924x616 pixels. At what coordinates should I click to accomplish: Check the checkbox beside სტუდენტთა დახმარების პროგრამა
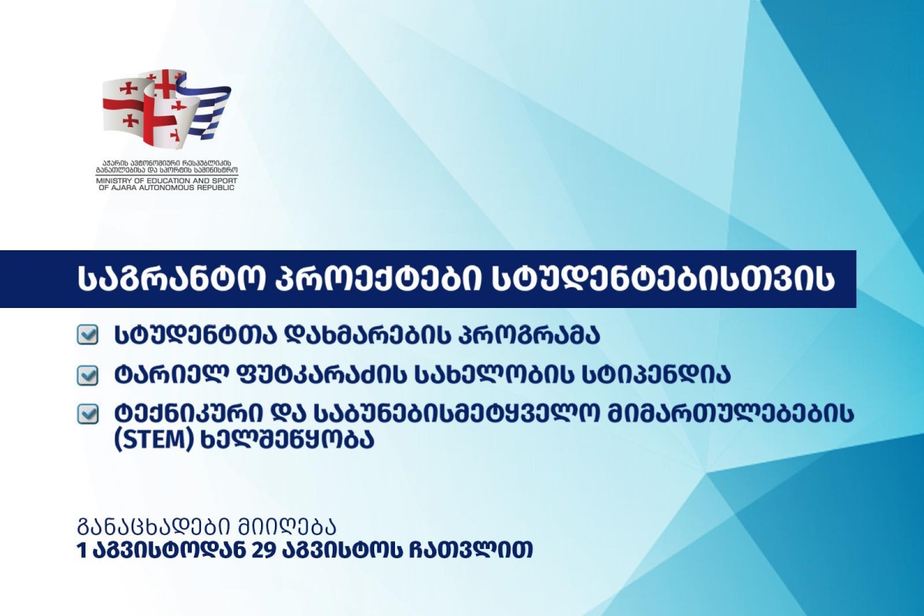coord(88,334)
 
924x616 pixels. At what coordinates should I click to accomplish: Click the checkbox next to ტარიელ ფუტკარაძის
coord(88,376)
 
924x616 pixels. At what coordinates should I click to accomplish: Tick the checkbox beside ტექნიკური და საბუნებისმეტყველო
coord(88,413)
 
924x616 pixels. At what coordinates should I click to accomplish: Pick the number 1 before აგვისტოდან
coord(82,550)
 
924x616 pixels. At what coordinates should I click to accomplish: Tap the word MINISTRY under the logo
coord(112,181)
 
